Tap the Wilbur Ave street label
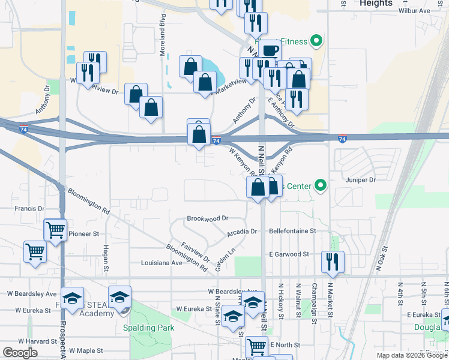tap(414, 11)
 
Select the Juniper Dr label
tap(360, 179)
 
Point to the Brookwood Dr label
tap(208, 219)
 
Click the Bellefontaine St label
tap(292, 231)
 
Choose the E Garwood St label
tap(289, 254)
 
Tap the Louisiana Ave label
tap(161, 263)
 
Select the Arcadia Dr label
tap(242, 232)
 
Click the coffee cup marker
tap(271, 50)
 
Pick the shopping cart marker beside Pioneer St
tap(55, 229)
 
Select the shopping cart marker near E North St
tap(257, 346)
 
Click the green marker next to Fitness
tap(316, 41)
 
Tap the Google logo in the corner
tap(19, 353)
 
